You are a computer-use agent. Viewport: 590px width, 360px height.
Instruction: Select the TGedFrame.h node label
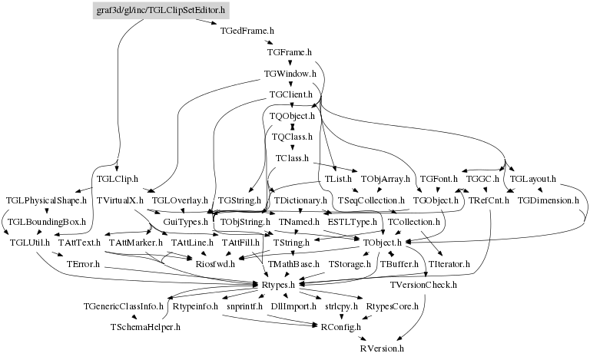click(247, 31)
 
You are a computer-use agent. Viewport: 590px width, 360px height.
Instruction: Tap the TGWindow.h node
click(290, 74)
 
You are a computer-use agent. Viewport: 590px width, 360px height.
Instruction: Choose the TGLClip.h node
click(117, 179)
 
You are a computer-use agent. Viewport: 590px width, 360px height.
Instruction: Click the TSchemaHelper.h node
click(145, 327)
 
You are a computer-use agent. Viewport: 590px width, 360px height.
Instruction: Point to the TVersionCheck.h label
click(423, 285)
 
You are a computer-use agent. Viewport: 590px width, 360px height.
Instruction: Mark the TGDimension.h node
click(548, 200)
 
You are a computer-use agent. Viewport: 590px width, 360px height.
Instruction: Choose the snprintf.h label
click(244, 306)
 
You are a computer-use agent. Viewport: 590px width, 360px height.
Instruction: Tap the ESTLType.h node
click(352, 222)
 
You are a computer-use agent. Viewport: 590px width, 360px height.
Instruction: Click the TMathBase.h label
click(293, 264)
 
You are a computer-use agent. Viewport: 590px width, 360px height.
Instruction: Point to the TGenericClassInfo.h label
click(124, 306)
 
